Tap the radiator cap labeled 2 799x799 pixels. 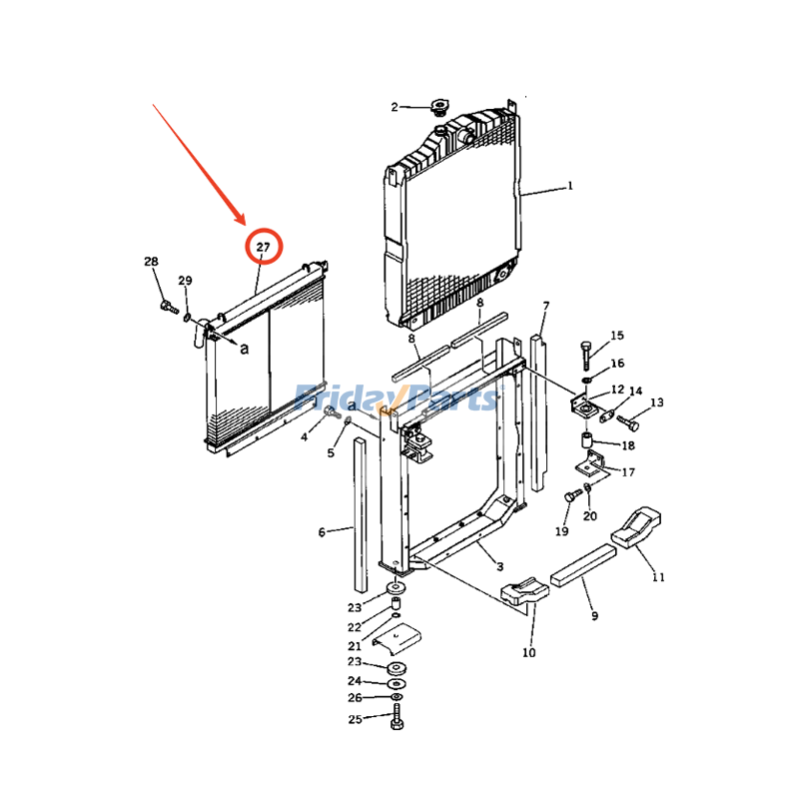[438, 108]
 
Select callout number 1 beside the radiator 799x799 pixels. [570, 186]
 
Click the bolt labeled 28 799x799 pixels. [169, 307]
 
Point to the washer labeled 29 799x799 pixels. [187, 318]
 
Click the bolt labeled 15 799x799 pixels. [586, 356]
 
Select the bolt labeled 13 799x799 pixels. [628, 422]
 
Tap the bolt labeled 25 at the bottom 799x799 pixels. [397, 717]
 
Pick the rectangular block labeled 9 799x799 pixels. [583, 566]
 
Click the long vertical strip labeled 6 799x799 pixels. [361, 514]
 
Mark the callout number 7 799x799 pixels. [546, 307]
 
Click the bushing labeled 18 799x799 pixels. [587, 440]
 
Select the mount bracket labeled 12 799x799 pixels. [585, 407]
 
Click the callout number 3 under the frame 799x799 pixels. [500, 566]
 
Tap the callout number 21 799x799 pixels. [355, 645]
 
